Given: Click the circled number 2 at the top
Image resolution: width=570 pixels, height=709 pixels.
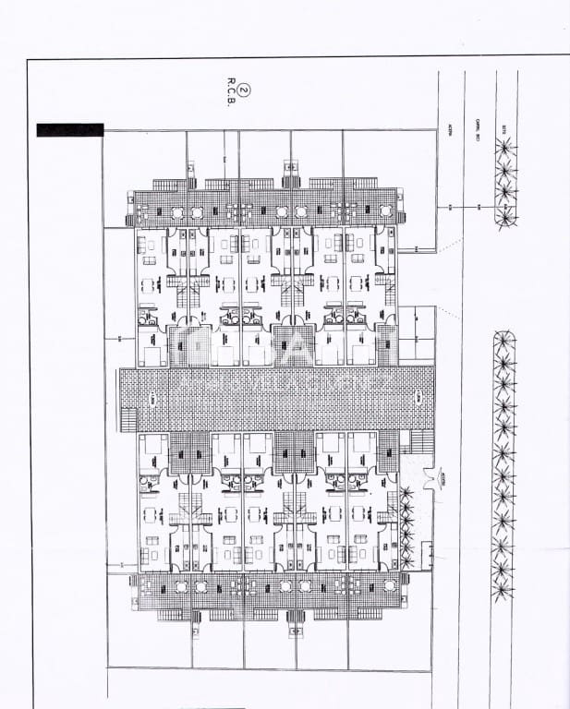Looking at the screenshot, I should pyautogui.click(x=243, y=90).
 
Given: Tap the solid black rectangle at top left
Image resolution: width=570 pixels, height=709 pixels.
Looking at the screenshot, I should pyautogui.click(x=70, y=130).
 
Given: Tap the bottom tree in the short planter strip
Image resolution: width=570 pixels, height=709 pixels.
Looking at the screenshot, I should pyautogui.click(x=504, y=216).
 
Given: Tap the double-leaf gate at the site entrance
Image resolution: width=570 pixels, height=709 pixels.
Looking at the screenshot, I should pyautogui.click(x=427, y=479).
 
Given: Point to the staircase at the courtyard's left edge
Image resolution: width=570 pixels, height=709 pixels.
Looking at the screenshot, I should pyautogui.click(x=126, y=420).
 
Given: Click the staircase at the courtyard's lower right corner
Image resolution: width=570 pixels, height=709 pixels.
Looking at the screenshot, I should pyautogui.click(x=423, y=442).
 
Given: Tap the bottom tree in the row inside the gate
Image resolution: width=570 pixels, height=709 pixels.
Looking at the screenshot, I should pyautogui.click(x=406, y=562).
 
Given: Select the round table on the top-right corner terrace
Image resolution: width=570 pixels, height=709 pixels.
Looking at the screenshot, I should pyautogui.click(x=383, y=212).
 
